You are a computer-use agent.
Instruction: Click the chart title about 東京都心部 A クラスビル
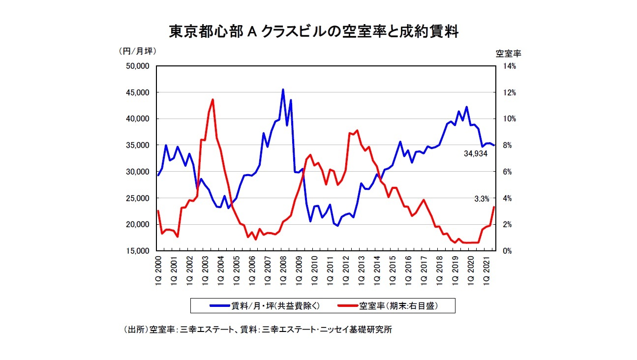click(x=314, y=32)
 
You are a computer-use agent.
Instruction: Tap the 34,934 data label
click(x=475, y=154)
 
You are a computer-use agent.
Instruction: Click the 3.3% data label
click(x=482, y=199)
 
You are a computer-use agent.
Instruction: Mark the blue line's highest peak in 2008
click(x=283, y=90)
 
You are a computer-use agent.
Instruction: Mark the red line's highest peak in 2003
click(x=212, y=100)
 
